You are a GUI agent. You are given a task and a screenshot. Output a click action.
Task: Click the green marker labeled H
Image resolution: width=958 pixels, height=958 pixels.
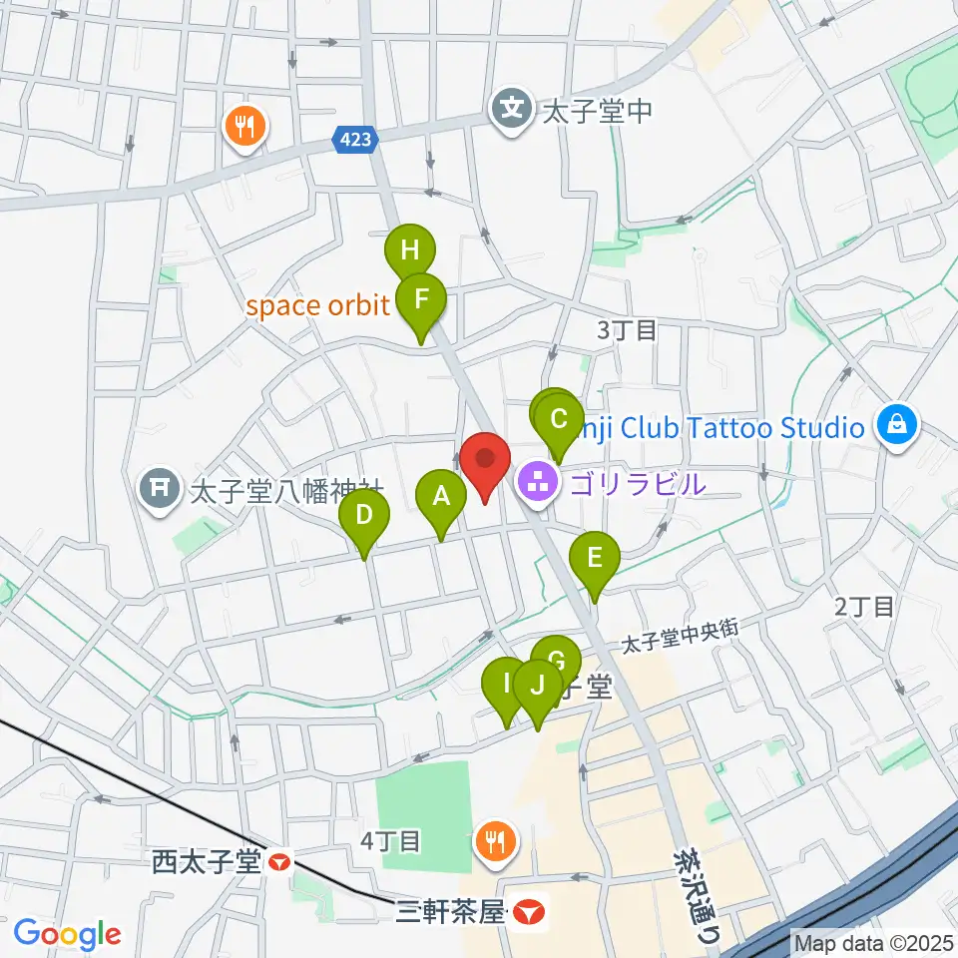point(410,250)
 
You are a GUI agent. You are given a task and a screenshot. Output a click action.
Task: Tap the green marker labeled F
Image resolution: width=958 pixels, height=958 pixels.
point(421,298)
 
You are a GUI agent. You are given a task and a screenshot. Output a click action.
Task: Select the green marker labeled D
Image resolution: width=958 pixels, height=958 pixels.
point(363,516)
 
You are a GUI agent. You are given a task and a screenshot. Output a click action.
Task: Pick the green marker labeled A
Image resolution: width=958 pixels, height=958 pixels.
point(440,495)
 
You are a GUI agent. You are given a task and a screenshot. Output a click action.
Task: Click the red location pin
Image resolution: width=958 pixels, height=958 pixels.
point(486,461)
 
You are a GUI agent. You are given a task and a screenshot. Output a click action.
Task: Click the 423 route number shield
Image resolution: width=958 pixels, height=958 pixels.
point(357,142)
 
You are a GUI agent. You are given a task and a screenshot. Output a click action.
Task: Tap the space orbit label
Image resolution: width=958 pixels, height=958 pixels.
point(317,305)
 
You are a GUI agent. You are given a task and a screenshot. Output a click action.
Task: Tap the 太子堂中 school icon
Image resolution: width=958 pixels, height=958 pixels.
point(513,108)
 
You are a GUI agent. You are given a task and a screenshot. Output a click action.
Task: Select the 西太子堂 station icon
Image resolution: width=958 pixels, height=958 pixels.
point(280,859)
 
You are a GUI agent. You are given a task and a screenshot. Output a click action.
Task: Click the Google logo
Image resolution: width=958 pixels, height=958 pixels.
point(67,934)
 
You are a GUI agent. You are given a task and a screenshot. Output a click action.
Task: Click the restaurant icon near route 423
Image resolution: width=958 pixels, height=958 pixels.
point(244,125)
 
